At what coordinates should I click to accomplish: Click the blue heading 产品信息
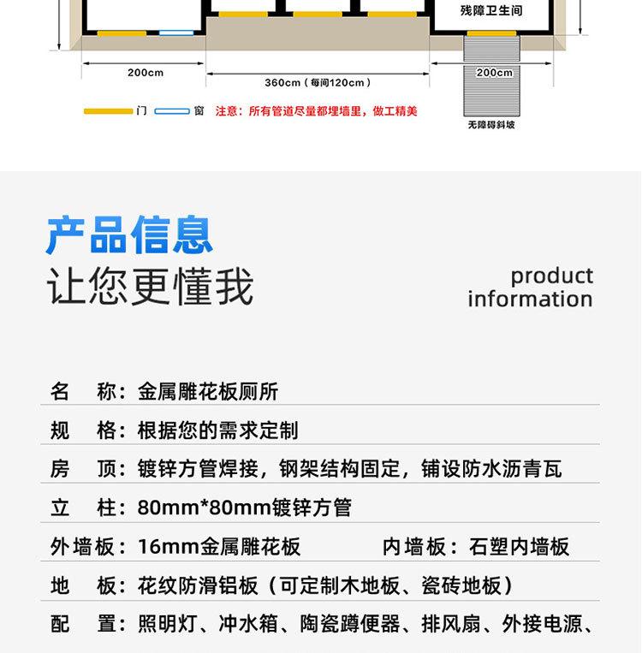(x=129, y=235)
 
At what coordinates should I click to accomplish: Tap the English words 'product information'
(x=530, y=288)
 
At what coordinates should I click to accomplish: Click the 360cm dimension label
(x=318, y=83)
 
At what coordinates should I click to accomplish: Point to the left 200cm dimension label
(x=146, y=73)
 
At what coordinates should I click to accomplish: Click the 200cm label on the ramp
(x=494, y=73)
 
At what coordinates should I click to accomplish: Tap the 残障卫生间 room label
(x=490, y=11)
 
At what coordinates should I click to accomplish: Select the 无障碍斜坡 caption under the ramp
(x=491, y=125)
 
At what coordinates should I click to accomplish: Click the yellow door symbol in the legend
(x=108, y=111)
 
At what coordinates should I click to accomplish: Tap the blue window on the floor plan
(x=176, y=33)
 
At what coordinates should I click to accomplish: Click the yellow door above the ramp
(x=491, y=33)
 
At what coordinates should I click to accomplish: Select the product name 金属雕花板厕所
(x=208, y=392)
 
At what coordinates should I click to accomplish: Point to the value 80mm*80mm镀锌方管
(x=245, y=508)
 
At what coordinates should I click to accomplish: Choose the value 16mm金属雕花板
(x=219, y=546)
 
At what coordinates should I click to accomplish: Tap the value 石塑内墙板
(x=520, y=546)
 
